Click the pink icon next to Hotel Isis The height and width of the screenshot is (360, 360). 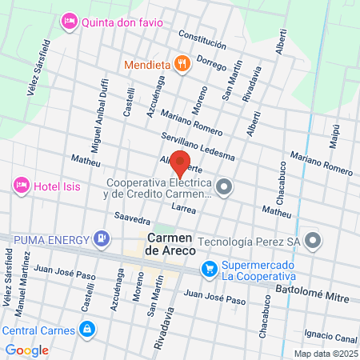[x=22, y=186]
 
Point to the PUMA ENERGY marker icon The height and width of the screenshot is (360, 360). [x=102, y=237]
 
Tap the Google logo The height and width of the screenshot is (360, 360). [x=26, y=350]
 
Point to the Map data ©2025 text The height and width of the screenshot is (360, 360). [x=325, y=354]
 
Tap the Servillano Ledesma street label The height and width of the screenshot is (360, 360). [x=198, y=146]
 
